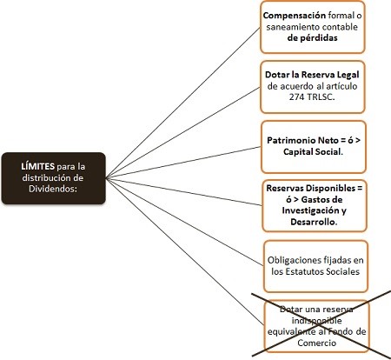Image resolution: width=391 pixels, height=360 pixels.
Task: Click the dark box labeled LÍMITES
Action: tap(53, 178)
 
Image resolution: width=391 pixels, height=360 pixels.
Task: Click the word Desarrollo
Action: tap(312, 223)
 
